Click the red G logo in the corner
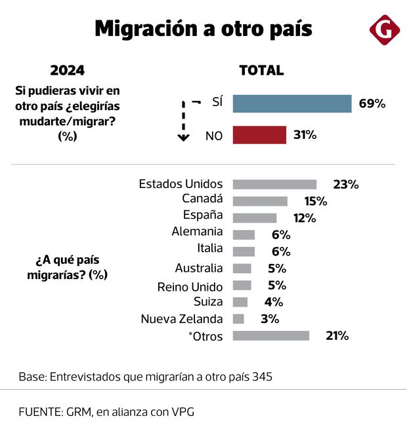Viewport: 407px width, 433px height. [x=383, y=30]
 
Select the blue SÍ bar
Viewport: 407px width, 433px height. [x=292, y=104]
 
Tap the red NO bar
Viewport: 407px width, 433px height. [x=259, y=135]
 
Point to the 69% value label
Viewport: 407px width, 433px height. [x=372, y=104]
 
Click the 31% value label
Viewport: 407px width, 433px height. [x=305, y=135]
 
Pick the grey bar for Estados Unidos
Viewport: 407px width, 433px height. [x=274, y=185]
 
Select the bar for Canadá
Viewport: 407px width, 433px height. [x=260, y=201]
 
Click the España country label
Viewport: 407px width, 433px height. [x=203, y=215]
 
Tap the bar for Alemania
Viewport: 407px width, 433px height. [x=244, y=235]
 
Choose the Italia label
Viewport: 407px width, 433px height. [x=209, y=248]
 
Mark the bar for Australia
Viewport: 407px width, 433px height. [x=242, y=268]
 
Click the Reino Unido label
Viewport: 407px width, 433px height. [x=190, y=286]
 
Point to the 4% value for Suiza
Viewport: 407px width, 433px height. [x=274, y=302]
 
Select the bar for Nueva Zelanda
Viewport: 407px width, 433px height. [x=238, y=319]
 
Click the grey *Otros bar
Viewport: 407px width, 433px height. [x=270, y=335]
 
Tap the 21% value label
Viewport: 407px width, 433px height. [x=337, y=335]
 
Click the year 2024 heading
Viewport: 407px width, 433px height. [x=67, y=71]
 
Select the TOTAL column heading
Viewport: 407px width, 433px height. [x=261, y=71]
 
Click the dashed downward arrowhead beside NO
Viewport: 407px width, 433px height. [x=183, y=137]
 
